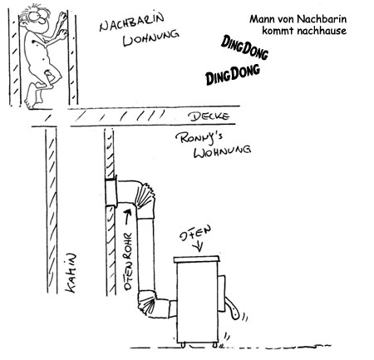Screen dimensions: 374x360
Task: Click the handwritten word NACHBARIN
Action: (132, 22)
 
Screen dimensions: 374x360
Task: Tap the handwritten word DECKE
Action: (209, 116)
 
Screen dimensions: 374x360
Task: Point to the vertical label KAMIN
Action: (71, 273)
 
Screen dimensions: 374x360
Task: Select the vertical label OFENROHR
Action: (128, 261)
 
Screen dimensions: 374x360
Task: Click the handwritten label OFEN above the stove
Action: (195, 234)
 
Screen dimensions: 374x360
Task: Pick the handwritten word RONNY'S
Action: (199, 138)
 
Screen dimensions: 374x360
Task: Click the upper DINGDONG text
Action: (244, 47)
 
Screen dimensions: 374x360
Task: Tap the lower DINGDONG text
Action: (233, 74)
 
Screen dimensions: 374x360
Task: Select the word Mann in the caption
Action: (260, 19)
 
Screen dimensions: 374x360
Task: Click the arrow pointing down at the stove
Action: (199, 247)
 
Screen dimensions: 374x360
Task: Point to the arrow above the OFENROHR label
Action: (127, 217)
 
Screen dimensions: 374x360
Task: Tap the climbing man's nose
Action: (42, 20)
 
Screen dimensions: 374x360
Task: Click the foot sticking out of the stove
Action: (232, 308)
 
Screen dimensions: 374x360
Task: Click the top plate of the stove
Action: (196, 259)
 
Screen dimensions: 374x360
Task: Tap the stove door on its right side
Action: (222, 293)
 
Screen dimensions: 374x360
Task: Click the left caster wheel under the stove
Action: (183, 345)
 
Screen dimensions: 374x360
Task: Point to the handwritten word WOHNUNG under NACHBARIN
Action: (151, 38)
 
